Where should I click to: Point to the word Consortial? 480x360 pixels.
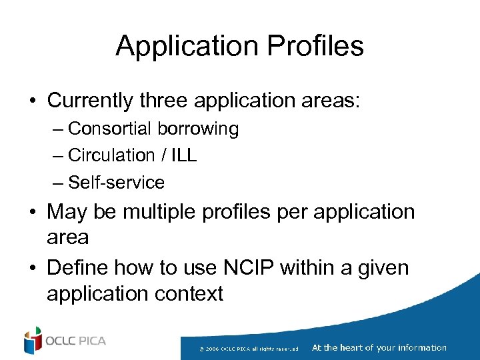[x=110, y=129]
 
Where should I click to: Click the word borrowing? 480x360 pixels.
[x=198, y=129]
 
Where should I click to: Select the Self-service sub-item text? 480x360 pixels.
[x=117, y=182]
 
